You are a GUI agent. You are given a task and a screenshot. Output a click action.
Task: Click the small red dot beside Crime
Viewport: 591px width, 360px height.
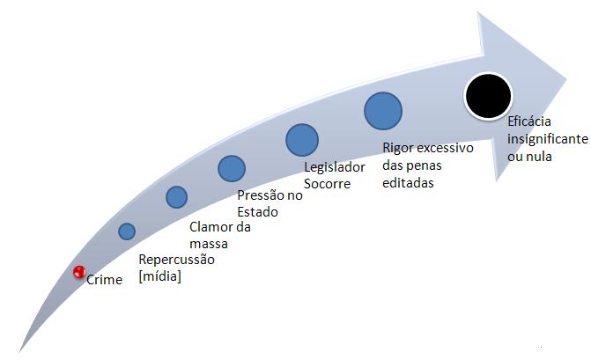(79, 272)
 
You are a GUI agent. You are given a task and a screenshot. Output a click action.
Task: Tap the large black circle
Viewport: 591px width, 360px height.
(489, 96)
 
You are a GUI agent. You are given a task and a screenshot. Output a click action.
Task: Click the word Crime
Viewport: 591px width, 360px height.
(105, 280)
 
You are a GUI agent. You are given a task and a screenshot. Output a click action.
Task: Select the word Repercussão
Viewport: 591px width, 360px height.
(176, 260)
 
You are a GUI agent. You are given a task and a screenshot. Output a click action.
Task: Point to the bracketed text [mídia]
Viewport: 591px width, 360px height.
(159, 276)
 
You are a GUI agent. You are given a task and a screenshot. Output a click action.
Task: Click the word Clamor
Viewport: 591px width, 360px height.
(211, 227)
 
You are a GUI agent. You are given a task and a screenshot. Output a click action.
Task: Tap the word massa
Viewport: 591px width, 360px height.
(209, 244)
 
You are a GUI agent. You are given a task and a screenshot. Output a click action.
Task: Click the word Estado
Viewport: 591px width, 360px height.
(257, 212)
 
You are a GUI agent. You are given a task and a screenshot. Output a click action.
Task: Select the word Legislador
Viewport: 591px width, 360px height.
(335, 167)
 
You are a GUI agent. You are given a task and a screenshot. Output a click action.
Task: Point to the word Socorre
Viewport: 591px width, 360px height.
(327, 184)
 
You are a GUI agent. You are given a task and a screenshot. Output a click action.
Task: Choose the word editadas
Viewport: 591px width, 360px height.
(408, 183)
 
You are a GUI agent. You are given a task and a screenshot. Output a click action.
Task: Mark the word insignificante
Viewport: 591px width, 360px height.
(548, 139)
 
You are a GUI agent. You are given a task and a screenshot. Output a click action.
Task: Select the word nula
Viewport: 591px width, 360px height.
(541, 157)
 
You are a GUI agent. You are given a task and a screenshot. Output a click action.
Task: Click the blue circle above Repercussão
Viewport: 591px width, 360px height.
(127, 231)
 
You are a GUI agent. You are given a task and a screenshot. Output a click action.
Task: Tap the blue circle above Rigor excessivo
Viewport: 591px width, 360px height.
(383, 111)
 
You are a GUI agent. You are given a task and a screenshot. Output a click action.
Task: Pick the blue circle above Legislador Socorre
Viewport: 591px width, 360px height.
(302, 140)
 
